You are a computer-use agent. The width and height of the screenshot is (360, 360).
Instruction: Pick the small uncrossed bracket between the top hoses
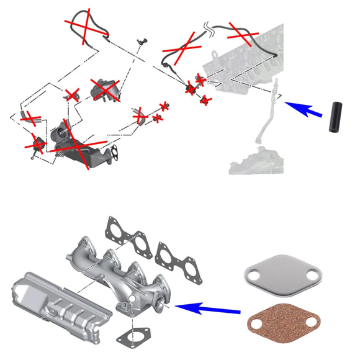pos(142,42)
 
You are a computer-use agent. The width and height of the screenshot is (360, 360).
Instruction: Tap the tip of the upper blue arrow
pos(285,102)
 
